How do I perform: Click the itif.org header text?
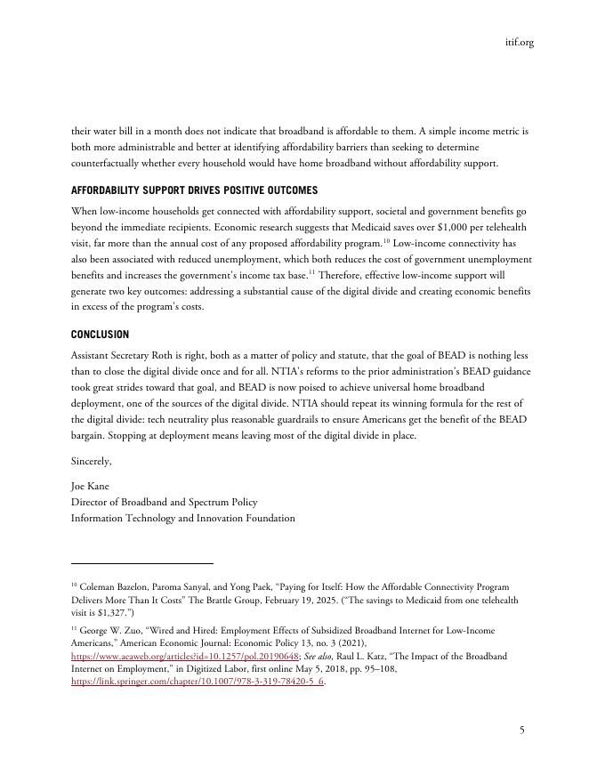pyautogui.click(x=518, y=42)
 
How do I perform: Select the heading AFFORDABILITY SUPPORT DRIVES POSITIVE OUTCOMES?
pyautogui.click(x=194, y=190)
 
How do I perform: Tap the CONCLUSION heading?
pyautogui.click(x=100, y=335)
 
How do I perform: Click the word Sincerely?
pyautogui.click(x=91, y=461)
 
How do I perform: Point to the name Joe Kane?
pyautogui.click(x=90, y=487)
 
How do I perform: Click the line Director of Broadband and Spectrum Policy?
pyautogui.click(x=164, y=502)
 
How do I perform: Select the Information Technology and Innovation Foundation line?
pyautogui.click(x=182, y=518)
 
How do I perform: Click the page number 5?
pyautogui.click(x=522, y=730)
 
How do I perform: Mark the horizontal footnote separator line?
pyautogui.click(x=142, y=563)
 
